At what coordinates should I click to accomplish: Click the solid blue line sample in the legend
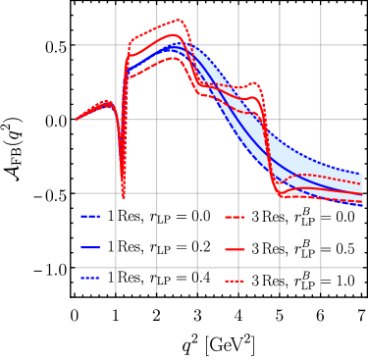coord(90,247)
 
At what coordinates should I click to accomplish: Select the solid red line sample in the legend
coord(235,249)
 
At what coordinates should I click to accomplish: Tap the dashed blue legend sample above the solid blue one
coord(90,216)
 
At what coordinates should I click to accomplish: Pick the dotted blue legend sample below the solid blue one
coord(90,279)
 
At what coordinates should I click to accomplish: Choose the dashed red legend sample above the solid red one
coord(235,217)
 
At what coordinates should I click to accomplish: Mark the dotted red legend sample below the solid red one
coord(235,282)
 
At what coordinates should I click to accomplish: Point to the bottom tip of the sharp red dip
coord(124,197)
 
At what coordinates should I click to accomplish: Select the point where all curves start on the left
coord(77,119)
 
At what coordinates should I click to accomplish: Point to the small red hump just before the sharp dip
coord(106,101)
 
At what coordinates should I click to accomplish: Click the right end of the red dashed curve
coord(361,183)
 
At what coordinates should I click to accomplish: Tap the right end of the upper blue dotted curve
coord(361,174)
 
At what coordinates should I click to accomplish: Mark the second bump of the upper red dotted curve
coord(254,83)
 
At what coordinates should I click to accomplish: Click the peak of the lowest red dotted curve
coord(176,57)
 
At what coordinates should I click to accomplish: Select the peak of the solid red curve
coord(174,35)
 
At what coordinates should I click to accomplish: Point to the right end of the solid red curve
coord(361,193)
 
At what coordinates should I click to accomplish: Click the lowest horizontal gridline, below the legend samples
coord(216,268)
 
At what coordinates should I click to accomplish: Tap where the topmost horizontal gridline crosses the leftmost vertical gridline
coord(116,45)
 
